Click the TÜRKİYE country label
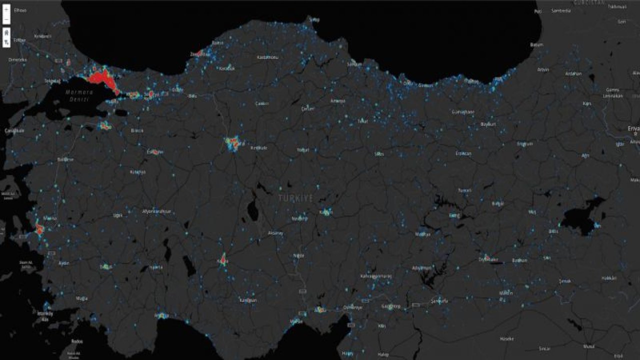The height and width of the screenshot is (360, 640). pos(295,198)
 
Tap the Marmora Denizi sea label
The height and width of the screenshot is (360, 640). pos(79,95)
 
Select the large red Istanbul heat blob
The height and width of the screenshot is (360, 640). pos(102,79)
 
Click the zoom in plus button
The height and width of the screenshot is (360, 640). pos(6,10)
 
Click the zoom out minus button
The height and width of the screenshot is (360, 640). pos(6,20)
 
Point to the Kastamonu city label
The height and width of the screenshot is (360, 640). pos(267,57)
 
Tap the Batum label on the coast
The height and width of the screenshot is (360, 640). pos(536,44)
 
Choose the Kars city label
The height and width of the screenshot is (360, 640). pos(586,103)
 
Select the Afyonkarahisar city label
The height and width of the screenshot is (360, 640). pos(156,211)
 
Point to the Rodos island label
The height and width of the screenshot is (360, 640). pos(77,341)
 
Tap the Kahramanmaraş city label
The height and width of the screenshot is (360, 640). pos(376,275)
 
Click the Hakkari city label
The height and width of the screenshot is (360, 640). pos(608,277)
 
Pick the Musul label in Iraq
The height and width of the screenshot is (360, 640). pos(588,346)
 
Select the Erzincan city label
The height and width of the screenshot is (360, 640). pos(463,153)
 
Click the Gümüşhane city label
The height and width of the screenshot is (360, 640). pos(462,112)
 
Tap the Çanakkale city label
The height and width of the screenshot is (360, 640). pos(14,130)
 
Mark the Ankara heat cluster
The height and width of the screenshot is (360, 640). pos(233,143)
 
